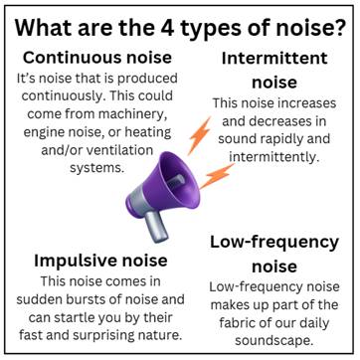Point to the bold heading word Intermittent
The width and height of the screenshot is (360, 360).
274,59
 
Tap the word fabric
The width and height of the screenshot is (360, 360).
239,323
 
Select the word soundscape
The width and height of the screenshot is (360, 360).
274,341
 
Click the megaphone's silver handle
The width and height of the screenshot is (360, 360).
157,226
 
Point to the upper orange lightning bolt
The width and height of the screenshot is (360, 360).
200,135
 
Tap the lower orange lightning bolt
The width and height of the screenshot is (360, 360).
217,176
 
